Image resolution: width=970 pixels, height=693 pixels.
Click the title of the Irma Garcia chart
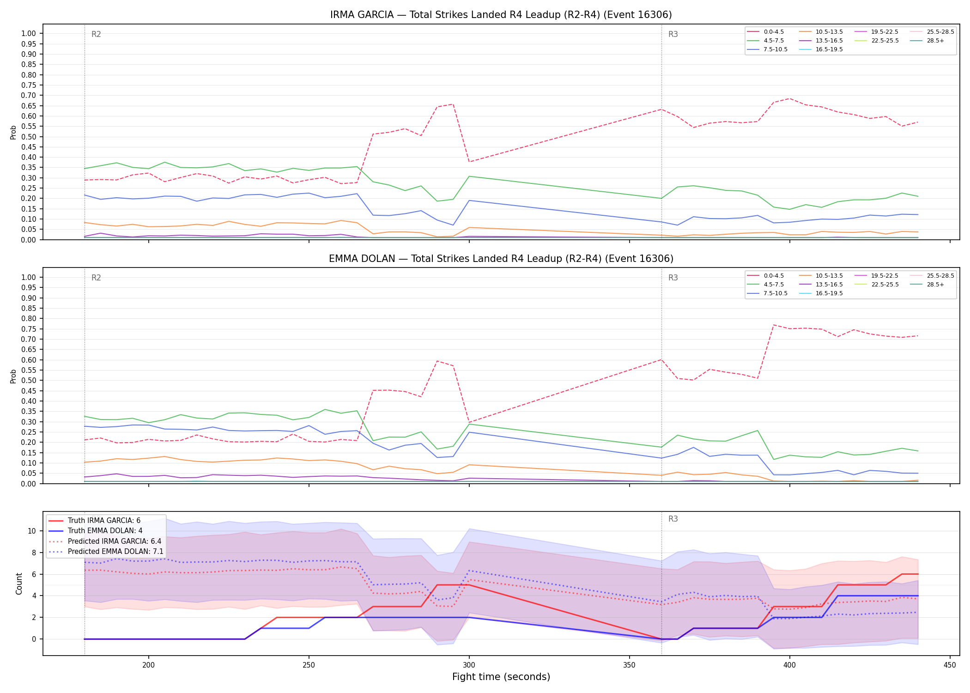(501, 15)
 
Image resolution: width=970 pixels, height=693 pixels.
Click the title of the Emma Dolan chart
(501, 259)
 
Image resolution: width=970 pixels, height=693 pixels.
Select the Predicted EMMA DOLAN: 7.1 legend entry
(105, 552)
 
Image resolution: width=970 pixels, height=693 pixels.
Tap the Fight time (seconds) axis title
(501, 677)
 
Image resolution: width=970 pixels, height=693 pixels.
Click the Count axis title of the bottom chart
(19, 584)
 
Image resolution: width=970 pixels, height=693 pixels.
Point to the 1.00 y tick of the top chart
(29, 34)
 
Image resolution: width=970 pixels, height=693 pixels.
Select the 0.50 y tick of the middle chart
(29, 381)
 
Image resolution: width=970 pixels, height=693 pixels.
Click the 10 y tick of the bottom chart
(32, 531)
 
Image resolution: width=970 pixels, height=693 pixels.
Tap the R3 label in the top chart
(673, 34)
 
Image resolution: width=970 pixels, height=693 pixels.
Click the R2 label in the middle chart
(96, 278)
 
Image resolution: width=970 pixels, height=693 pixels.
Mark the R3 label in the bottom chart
(673, 519)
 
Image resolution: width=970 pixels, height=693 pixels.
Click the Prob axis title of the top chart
(13, 132)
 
